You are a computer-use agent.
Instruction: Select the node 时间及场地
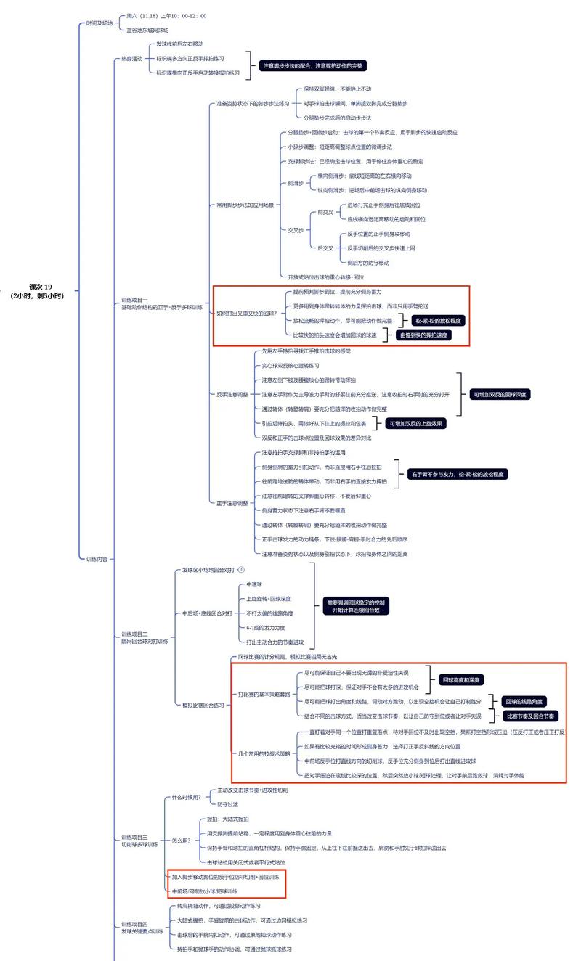pyautogui.click(x=99, y=23)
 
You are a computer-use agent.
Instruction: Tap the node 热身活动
pyautogui.click(x=131, y=59)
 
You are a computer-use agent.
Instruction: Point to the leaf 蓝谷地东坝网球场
pyautogui.click(x=147, y=30)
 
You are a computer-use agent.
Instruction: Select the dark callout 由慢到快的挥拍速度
pyautogui.click(x=425, y=335)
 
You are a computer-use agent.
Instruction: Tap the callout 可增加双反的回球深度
pyautogui.click(x=500, y=394)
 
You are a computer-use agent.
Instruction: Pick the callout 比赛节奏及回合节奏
pyautogui.click(x=532, y=716)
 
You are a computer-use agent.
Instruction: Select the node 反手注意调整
pyautogui.click(x=232, y=394)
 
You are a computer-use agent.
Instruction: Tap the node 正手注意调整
pyautogui.click(x=232, y=502)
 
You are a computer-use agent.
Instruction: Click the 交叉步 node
pyautogui.click(x=295, y=229)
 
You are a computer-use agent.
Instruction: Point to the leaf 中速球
pyautogui.click(x=254, y=584)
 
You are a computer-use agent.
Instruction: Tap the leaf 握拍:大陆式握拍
pyautogui.click(x=228, y=819)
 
